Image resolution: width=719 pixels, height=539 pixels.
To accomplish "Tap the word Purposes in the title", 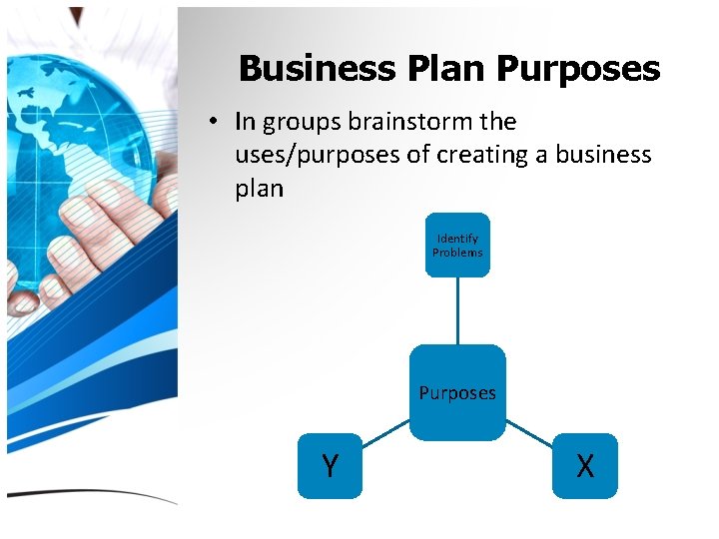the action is click(577, 69).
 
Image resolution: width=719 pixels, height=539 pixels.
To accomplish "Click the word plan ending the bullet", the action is click(259, 189).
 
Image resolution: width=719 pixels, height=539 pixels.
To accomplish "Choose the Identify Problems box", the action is click(457, 245).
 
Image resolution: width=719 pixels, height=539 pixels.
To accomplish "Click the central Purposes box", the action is click(457, 392).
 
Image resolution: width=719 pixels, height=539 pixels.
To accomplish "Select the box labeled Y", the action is click(330, 465).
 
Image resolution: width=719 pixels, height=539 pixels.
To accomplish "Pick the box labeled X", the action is click(585, 465).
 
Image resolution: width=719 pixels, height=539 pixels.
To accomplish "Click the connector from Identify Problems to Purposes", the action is click(457, 310).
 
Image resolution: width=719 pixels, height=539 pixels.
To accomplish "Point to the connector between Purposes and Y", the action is click(384, 430).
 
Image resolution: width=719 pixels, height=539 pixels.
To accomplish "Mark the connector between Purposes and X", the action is click(529, 430).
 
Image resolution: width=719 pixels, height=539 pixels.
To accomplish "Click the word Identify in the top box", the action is click(457, 239).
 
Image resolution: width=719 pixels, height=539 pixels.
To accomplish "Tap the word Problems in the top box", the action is click(457, 253).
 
